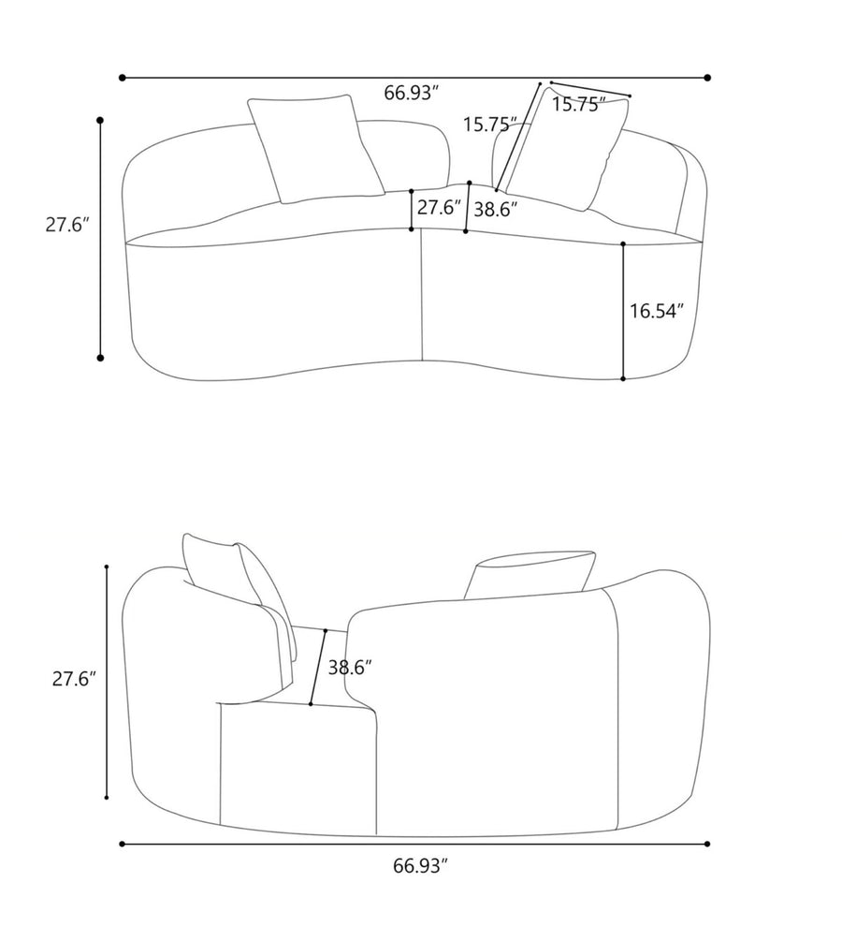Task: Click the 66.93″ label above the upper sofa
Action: point(412,93)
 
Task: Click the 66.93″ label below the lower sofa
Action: point(421,866)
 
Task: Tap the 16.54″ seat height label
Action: point(657,311)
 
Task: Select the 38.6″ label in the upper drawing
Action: point(496,210)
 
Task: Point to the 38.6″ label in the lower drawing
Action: point(350,668)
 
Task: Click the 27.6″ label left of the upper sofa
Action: point(67,225)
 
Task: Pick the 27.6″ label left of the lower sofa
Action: point(74,679)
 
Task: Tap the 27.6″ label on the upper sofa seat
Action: point(439,208)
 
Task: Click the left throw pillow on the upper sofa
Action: point(316,149)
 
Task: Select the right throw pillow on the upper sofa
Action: point(567,151)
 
